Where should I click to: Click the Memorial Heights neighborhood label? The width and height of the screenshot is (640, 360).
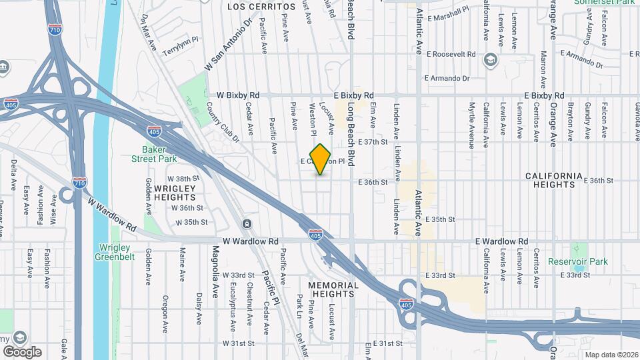pos(333,289)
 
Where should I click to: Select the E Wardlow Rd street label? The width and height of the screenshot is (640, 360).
pos(501,241)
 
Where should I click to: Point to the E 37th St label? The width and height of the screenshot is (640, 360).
pos(373,142)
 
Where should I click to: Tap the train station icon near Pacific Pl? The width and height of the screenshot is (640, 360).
pos(247,223)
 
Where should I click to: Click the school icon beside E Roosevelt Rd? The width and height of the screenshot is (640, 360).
pos(491,60)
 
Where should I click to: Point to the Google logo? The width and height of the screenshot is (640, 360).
pos(22,351)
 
